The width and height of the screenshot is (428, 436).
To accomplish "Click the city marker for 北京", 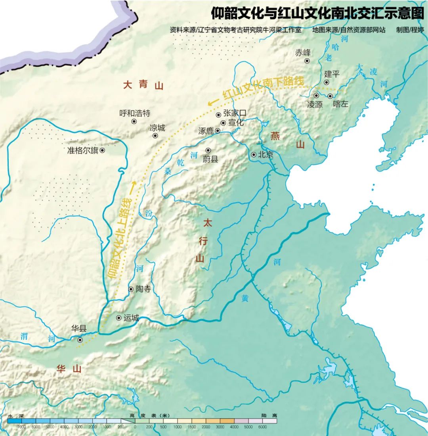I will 254,155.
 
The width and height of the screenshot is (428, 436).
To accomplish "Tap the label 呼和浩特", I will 135,113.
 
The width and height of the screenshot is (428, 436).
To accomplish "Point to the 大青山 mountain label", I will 143,85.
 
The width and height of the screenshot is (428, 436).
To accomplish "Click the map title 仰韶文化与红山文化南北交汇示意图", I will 317,13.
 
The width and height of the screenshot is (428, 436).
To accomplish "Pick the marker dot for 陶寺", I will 131,290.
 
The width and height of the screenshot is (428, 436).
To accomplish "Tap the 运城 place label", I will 131,318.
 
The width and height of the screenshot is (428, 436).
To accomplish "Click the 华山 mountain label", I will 69,369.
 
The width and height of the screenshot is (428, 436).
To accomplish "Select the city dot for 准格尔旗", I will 102,150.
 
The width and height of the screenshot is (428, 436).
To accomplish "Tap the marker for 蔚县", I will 208,150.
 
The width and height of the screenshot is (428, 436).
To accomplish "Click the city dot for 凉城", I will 155,136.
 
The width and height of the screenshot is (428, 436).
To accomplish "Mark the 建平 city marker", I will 327,82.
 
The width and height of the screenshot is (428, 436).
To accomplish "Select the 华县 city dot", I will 80,340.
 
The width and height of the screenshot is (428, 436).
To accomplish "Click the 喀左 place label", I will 341,104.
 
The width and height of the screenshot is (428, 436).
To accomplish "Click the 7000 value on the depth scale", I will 22,427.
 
